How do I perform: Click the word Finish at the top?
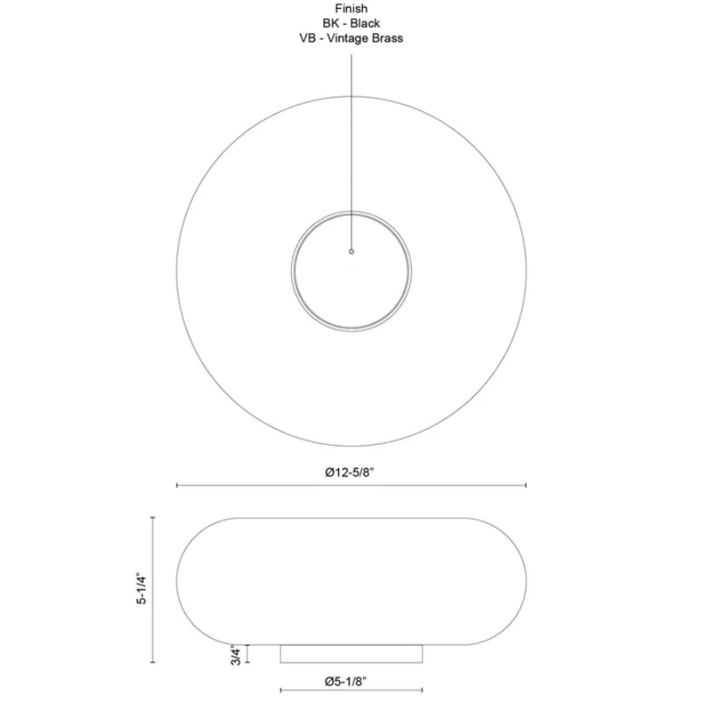tap(351, 9)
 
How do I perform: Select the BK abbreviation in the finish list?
tap(331, 24)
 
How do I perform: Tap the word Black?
tap(366, 24)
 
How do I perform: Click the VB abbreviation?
tap(308, 38)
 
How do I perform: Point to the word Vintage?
tap(346, 39)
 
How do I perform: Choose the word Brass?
tap(387, 38)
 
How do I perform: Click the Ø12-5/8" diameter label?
tap(349, 472)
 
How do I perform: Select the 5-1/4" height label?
tap(141, 588)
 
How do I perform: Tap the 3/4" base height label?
tap(236, 655)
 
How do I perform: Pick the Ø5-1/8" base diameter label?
tap(345, 682)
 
